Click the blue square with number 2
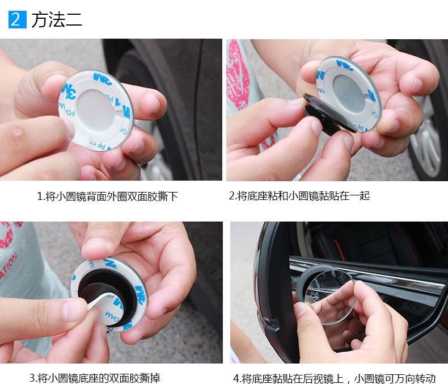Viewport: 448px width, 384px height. (18, 19)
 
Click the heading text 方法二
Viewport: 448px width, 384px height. (57, 20)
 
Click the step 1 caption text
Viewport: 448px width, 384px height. (107, 197)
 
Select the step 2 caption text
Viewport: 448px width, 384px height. (299, 196)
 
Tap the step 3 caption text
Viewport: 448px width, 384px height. (95, 378)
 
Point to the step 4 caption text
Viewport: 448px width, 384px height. (334, 378)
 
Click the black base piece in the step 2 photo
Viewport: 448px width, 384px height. (328, 114)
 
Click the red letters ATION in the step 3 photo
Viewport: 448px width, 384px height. (8, 265)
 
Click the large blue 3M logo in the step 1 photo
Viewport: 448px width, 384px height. (69, 91)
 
